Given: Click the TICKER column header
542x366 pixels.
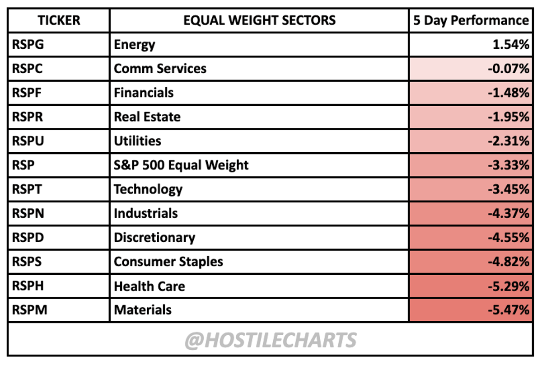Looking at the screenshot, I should click(x=58, y=20).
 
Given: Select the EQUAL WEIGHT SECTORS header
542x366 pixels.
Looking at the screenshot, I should click(x=259, y=20).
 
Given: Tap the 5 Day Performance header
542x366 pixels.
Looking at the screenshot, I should click(x=471, y=20).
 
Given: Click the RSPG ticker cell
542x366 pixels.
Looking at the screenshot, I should click(x=27, y=44).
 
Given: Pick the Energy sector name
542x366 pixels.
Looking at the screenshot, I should click(x=134, y=44).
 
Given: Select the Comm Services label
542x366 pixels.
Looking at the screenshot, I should click(x=160, y=69).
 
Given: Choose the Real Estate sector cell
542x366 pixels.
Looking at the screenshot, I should click(x=147, y=117).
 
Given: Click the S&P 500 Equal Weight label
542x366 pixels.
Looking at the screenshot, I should click(x=181, y=165).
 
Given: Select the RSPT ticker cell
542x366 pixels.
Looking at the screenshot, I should click(x=27, y=189).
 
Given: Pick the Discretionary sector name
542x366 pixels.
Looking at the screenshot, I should click(x=154, y=237).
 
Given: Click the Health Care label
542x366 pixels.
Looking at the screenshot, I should click(x=149, y=286).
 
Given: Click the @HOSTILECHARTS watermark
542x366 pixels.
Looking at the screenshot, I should click(x=271, y=340).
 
